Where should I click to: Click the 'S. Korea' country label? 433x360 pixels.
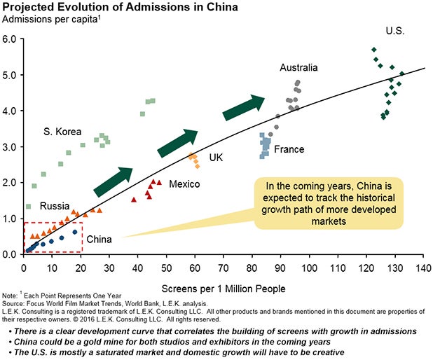[x=62, y=132]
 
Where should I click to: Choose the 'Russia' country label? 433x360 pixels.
[x=54, y=206]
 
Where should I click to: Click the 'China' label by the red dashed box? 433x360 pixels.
[x=99, y=240]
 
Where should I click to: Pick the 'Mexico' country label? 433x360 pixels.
[x=184, y=184]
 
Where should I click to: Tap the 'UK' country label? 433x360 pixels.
[x=216, y=158]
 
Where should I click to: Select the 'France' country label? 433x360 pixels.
[x=289, y=149]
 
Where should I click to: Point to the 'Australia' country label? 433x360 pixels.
[x=298, y=68]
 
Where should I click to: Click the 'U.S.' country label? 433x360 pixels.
[x=395, y=31]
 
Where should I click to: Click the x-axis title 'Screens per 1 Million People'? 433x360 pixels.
[x=223, y=288]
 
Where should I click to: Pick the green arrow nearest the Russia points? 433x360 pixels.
[x=113, y=181]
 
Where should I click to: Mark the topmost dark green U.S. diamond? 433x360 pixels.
[x=374, y=50]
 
